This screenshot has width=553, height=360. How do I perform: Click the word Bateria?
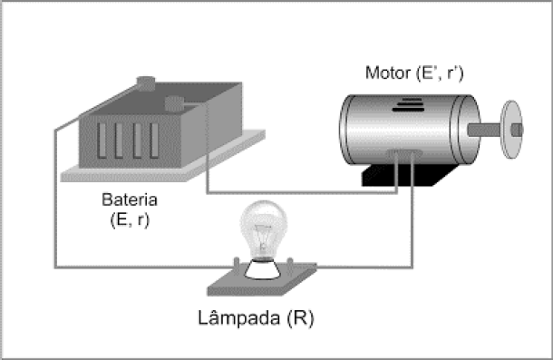click(x=130, y=199)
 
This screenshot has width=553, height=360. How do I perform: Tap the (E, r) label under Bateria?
click(x=130, y=219)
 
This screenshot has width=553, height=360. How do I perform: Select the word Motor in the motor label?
click(x=388, y=73)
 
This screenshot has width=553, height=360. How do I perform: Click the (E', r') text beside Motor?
click(x=440, y=73)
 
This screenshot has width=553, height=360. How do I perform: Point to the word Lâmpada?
click(x=238, y=317)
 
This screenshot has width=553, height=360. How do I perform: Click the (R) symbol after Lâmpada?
click(x=300, y=318)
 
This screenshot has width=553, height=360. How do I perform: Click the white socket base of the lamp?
click(x=263, y=270)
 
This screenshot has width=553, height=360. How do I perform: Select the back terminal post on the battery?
click(x=146, y=83)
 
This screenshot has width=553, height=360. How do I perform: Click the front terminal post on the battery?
click(x=174, y=103)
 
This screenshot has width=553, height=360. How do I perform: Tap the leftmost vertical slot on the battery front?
click(x=102, y=141)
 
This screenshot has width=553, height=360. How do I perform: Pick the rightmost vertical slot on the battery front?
click(x=154, y=141)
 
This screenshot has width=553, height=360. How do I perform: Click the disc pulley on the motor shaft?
click(x=512, y=130)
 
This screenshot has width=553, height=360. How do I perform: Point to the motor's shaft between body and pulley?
click(x=484, y=130)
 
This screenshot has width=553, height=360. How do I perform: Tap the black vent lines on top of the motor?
click(x=408, y=105)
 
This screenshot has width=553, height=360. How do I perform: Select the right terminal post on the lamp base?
click(x=290, y=266)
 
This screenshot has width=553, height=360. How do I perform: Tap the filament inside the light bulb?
click(x=263, y=236)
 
